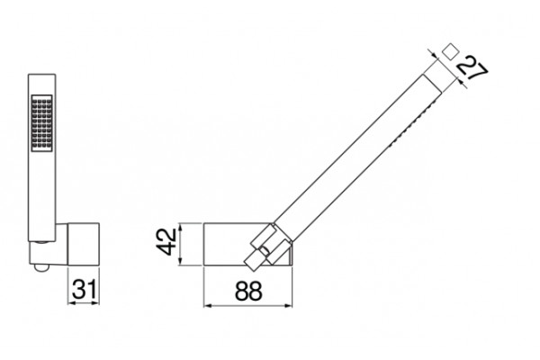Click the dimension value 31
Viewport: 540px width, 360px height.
(x=85, y=289)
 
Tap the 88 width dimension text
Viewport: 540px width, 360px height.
(x=248, y=291)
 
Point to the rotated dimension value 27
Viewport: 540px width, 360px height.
(x=472, y=70)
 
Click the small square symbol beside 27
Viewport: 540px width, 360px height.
(x=450, y=52)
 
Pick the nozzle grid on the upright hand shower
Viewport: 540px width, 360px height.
(x=42, y=123)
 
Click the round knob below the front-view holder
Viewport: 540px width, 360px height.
(x=41, y=267)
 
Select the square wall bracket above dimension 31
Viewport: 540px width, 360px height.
(x=84, y=244)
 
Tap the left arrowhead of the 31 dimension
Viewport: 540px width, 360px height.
(x=71, y=303)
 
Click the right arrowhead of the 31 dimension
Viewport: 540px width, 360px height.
(x=95, y=303)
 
